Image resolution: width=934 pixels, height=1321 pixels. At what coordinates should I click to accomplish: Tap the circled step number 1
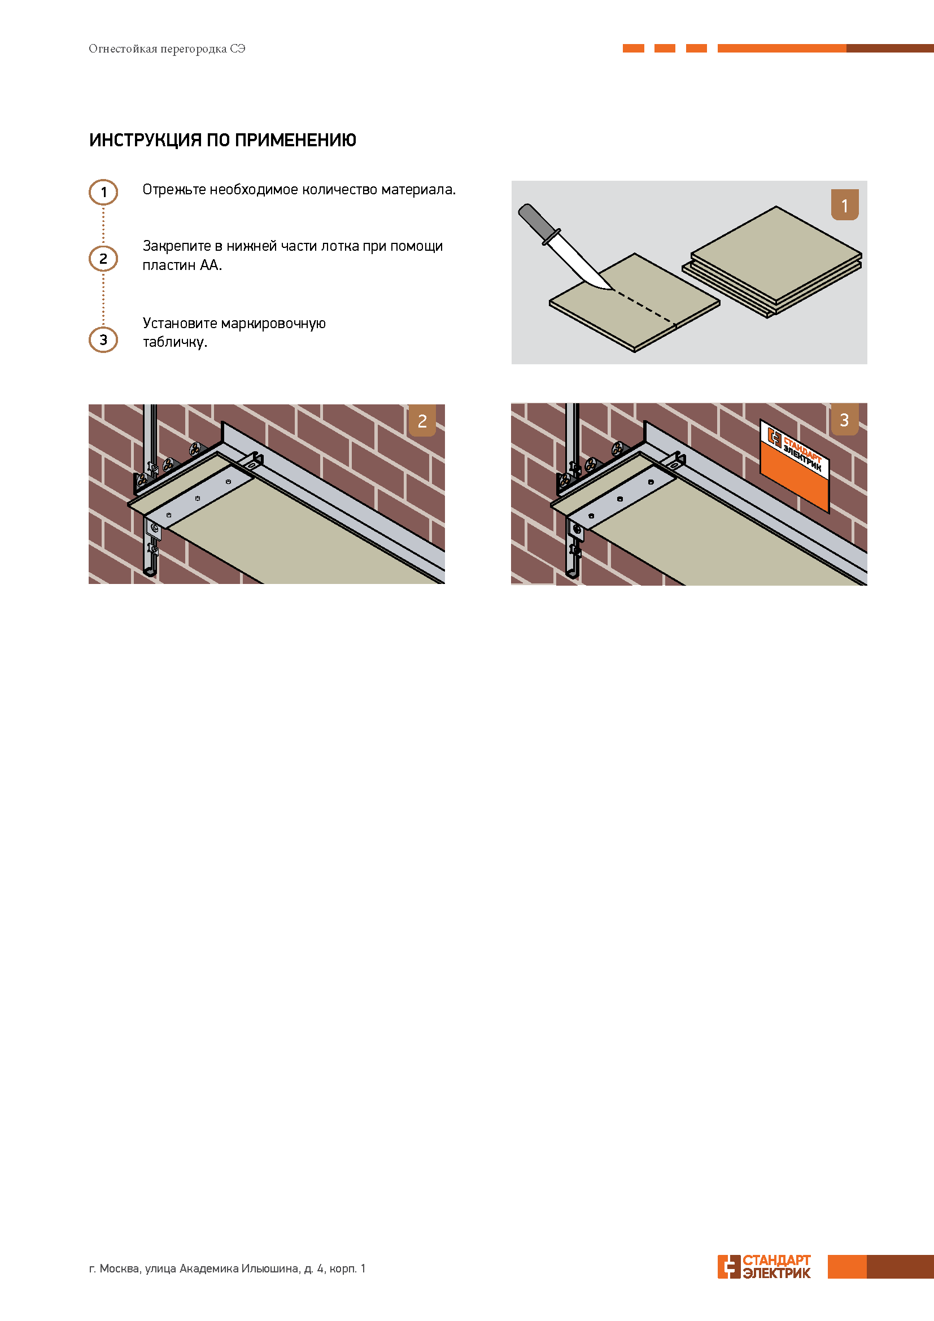[103, 192]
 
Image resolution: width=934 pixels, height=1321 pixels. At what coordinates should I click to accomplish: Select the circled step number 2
[103, 259]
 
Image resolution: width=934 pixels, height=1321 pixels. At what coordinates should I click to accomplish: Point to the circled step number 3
[103, 339]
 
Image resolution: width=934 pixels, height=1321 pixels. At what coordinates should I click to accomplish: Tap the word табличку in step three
[175, 342]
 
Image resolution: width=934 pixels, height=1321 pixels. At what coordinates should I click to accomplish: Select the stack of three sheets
[772, 262]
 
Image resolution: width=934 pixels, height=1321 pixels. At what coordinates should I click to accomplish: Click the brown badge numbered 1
[844, 205]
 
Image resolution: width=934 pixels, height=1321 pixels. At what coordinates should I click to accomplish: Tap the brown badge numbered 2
[422, 420]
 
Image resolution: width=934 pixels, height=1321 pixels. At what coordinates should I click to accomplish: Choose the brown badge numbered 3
[844, 419]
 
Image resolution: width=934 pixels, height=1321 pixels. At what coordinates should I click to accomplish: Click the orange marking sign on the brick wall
[795, 466]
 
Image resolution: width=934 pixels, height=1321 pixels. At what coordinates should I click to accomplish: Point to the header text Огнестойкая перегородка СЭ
[167, 49]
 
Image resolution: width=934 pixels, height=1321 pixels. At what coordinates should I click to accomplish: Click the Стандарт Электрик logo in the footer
[764, 1266]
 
